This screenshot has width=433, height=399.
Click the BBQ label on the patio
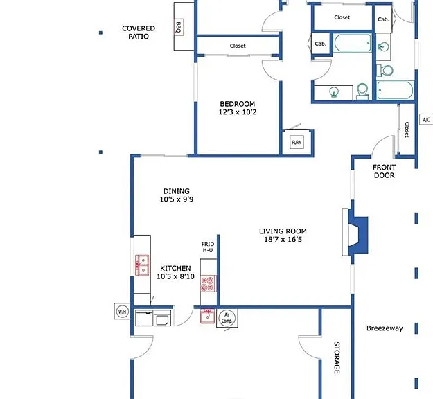point(179,27)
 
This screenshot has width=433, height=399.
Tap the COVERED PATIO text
point(139,33)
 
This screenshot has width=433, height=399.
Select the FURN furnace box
point(297,142)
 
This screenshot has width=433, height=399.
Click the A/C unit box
point(426,119)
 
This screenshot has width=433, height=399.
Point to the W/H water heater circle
point(123,312)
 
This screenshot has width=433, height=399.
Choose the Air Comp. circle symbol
point(227,318)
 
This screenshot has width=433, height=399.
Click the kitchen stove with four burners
point(208,283)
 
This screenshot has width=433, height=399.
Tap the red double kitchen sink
point(142,265)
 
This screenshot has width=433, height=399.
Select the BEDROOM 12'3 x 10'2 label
point(238,108)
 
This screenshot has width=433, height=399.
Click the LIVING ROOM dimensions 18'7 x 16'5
point(283,240)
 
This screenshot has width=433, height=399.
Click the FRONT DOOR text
point(384,171)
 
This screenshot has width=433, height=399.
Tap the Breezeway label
point(385,328)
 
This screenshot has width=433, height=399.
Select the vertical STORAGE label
point(337,357)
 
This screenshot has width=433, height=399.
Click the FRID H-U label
point(208,247)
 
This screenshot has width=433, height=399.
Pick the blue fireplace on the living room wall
point(358,235)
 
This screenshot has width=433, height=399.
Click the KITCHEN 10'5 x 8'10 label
point(176,272)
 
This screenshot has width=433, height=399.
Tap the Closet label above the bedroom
point(238,46)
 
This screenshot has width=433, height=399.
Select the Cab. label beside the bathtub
point(321,44)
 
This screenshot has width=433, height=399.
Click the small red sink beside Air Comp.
point(207,317)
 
